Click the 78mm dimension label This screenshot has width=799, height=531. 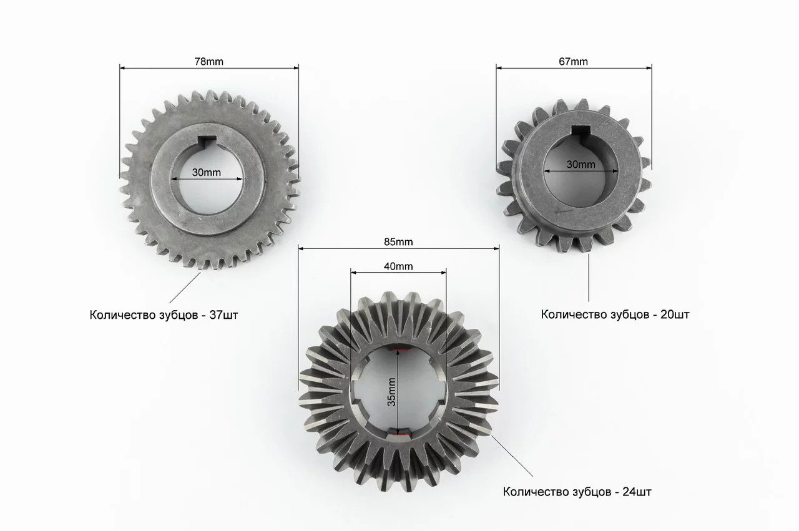point(208,62)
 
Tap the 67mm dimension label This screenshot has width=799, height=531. point(573,62)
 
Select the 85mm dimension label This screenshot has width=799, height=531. point(398,241)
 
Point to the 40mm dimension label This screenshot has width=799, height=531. point(398,266)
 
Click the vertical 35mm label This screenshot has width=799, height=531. point(391,392)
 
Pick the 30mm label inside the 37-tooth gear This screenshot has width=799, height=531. point(207,173)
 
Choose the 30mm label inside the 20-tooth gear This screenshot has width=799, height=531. point(581,164)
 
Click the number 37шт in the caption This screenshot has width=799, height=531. point(223,315)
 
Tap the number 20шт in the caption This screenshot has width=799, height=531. point(675,314)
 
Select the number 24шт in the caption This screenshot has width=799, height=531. point(637,492)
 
